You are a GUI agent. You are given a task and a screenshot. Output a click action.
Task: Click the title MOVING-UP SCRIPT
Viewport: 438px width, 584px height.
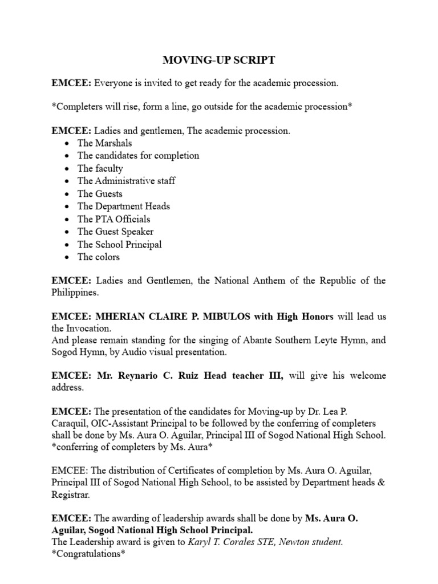tap(219, 60)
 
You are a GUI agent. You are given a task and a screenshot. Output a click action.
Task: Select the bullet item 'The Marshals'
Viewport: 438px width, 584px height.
tap(105, 143)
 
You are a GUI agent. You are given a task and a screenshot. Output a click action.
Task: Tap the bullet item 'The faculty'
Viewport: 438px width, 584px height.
tap(100, 168)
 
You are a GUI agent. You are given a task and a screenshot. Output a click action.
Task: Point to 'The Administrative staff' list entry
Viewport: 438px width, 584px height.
tap(127, 181)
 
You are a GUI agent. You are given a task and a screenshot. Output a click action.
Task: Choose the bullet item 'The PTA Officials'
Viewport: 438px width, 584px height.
tap(114, 219)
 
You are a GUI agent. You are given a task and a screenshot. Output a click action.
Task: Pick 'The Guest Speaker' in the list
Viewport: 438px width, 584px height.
tap(116, 232)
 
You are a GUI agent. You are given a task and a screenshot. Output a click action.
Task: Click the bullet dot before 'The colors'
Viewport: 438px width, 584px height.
tap(68, 257)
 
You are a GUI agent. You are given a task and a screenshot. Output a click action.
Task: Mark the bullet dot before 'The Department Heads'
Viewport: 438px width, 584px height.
tap(68, 206)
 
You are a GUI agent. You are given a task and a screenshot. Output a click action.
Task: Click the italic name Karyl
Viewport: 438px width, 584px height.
tap(200, 542)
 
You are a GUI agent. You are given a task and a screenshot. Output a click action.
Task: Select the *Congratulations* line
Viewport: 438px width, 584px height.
tap(88, 554)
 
